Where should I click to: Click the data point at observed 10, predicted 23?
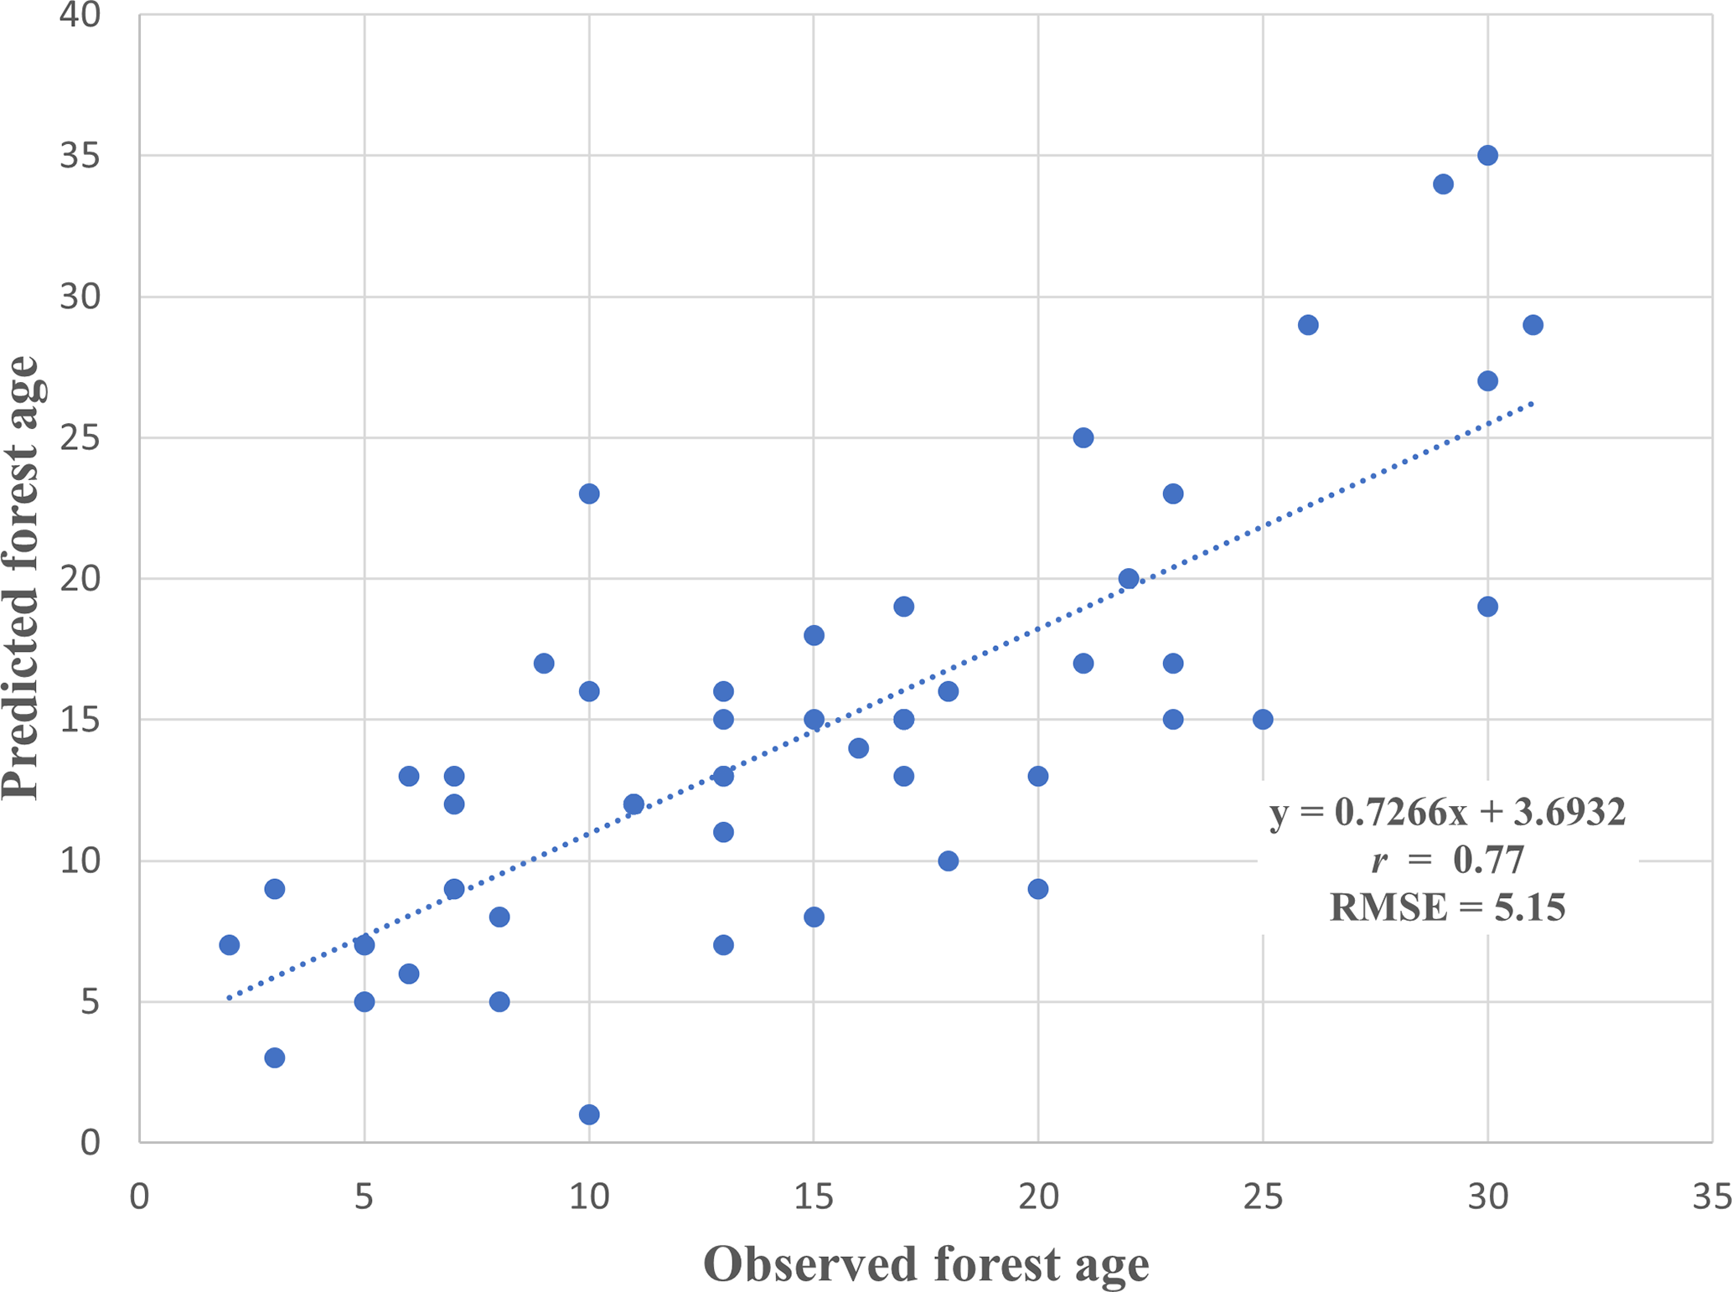point(589,494)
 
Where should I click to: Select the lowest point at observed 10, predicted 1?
point(589,1114)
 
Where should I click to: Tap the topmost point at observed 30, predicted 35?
point(1487,155)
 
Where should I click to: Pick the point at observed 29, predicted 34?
point(1443,184)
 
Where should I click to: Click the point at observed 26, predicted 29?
point(1308,325)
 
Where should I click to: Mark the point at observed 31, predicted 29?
point(1533,325)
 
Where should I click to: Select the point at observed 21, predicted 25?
point(1083,437)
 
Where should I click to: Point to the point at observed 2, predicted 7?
point(230,945)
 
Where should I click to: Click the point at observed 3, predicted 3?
point(275,1058)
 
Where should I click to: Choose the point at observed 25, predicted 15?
point(1263,720)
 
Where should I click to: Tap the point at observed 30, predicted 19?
point(1487,607)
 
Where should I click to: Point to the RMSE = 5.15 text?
point(1447,907)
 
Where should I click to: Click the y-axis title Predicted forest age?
point(22,578)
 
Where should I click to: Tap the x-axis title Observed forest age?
point(926,1264)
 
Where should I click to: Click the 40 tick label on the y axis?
point(80,15)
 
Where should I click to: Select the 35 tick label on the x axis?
point(1711,1197)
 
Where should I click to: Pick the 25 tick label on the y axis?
point(80,437)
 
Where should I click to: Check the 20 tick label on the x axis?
point(1038,1197)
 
